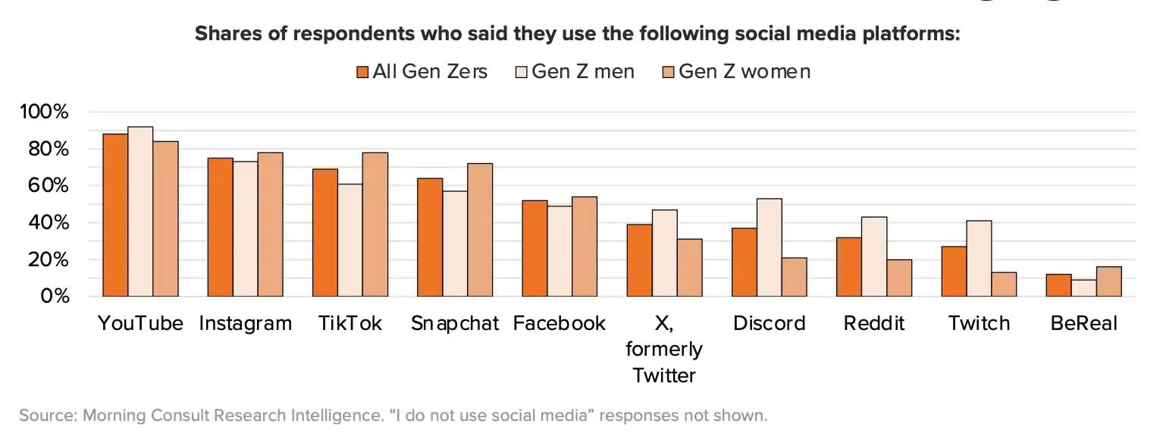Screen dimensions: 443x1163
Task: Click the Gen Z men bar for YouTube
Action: pos(140,212)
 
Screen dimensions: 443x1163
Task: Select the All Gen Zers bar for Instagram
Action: pos(220,227)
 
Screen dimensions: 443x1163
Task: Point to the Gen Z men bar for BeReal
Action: pos(1083,287)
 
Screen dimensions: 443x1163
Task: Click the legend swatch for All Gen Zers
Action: pos(362,72)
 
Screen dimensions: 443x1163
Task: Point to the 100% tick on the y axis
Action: pos(45,112)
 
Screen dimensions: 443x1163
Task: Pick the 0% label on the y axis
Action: pos(54,296)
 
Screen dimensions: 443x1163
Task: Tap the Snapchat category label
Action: pos(455,323)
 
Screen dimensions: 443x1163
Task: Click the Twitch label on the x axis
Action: pos(979,323)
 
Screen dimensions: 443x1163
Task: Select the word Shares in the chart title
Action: pos(225,34)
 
